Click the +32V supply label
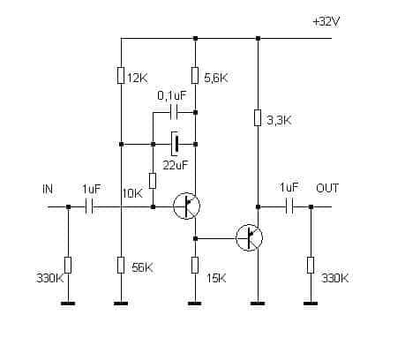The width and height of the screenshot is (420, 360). point(326,22)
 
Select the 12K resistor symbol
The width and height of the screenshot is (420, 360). point(121,76)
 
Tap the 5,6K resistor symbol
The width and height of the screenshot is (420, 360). point(195,76)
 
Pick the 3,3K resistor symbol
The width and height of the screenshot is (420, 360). point(258,117)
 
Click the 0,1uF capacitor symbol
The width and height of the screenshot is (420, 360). point(174,112)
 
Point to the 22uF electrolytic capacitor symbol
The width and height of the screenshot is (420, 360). point(175,144)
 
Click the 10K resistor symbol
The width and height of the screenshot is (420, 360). point(153,181)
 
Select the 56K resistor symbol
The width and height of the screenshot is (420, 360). point(121,265)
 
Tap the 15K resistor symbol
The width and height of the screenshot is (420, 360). point(195,265)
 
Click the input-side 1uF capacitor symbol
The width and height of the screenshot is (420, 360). point(89,207)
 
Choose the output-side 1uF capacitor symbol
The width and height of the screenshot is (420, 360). point(289,207)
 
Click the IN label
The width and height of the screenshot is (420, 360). point(48,189)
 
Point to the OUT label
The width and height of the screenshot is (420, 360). point(327,188)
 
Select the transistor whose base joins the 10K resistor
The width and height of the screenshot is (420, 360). point(186,206)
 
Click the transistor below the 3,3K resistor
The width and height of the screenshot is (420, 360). point(250,237)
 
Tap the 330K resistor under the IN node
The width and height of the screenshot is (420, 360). point(68,265)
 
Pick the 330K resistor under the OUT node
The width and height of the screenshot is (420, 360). point(311,265)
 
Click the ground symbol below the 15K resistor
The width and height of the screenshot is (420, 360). point(195,304)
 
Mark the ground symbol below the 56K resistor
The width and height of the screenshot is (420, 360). point(121,304)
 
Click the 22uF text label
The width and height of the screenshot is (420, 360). point(175,165)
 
